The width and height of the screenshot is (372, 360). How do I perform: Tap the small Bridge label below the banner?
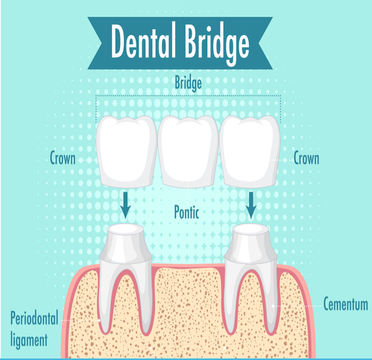pyautogui.click(x=188, y=83)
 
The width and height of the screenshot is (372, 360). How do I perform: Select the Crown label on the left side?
pyautogui.click(x=63, y=158)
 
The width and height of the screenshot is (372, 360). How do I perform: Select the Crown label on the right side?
pyautogui.click(x=306, y=158)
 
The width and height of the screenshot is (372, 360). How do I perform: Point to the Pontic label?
pyautogui.click(x=186, y=212)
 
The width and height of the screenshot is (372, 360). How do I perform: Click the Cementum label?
pyautogui.click(x=345, y=303)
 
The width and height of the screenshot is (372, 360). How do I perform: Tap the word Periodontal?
pyautogui.click(x=34, y=318)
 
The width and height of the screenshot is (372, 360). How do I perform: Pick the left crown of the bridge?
pyautogui.click(x=127, y=151)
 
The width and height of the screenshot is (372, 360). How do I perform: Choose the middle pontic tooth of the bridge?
pyautogui.click(x=188, y=151)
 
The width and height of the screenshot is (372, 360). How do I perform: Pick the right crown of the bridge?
pyautogui.click(x=250, y=151)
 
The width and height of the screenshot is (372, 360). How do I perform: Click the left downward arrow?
pyautogui.click(x=125, y=205)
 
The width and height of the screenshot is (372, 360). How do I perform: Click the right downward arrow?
pyautogui.click(x=251, y=205)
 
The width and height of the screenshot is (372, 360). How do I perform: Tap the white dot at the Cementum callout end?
pyautogui.click(x=273, y=306)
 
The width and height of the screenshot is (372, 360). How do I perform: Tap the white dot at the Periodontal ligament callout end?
pyautogui.click(x=99, y=320)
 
